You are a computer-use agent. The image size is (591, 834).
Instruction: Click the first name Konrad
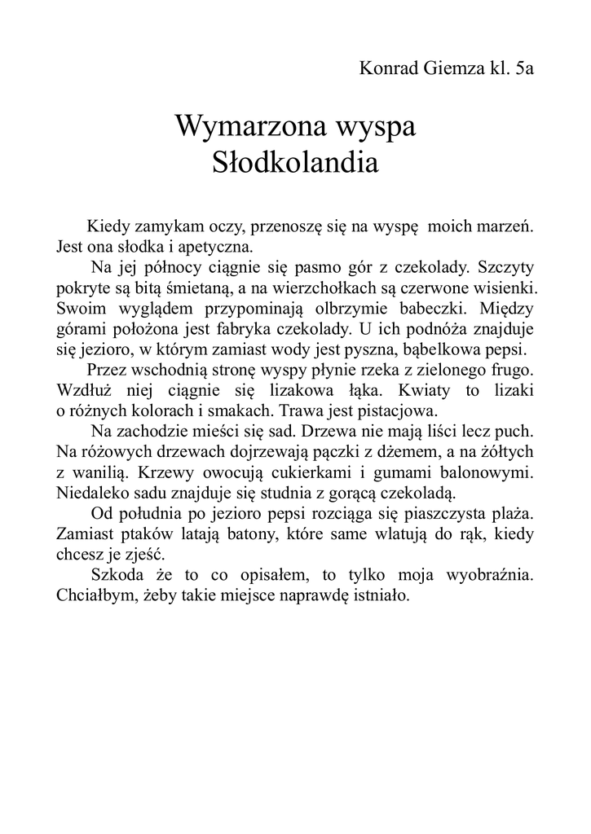pos(387,68)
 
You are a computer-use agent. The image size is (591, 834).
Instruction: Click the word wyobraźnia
pos(489,575)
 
